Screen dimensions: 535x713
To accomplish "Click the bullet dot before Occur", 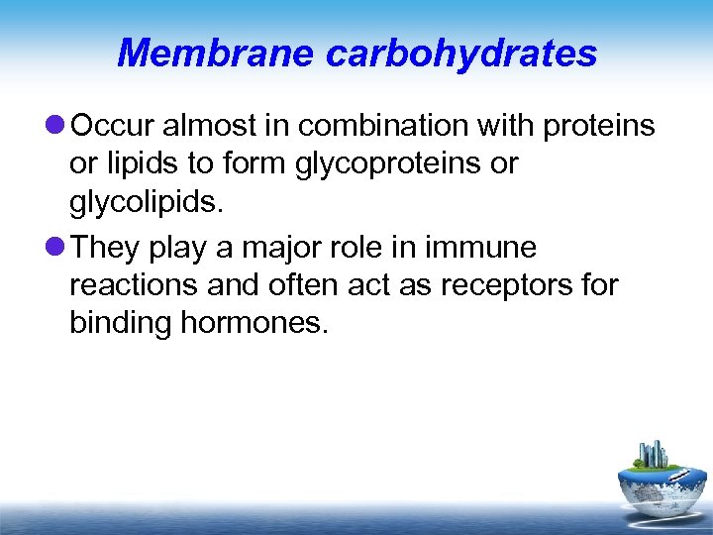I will [x=54, y=126].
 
